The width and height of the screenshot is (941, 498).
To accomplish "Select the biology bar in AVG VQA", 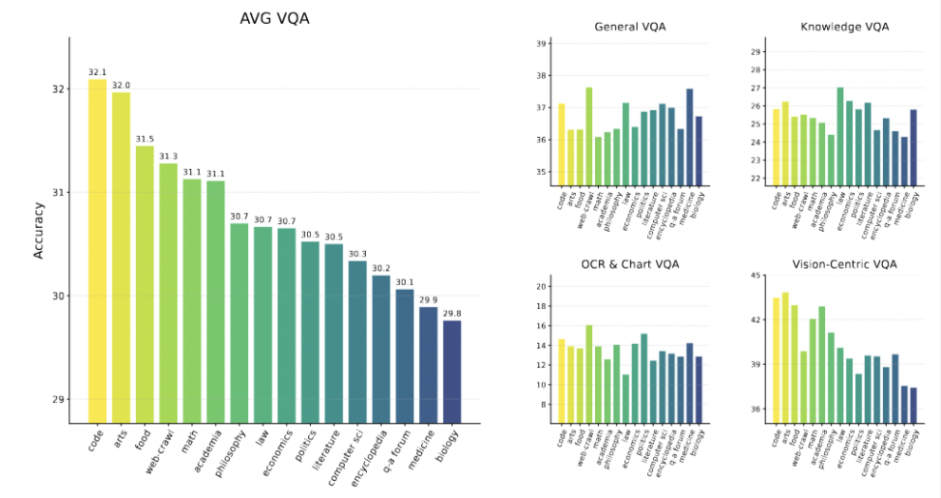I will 451,372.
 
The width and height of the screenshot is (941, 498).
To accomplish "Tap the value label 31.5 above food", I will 144,138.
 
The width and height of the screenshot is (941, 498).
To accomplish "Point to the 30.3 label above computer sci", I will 357,254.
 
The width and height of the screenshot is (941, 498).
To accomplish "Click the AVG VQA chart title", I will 274,18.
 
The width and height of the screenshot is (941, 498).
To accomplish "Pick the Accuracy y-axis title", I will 39,229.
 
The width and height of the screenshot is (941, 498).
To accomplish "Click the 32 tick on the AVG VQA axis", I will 59,89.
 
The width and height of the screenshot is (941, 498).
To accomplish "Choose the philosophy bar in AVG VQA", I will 240,323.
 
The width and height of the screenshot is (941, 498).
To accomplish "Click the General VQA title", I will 630,27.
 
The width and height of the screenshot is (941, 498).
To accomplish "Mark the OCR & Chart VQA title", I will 630,263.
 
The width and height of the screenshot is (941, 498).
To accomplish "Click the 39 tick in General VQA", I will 543,44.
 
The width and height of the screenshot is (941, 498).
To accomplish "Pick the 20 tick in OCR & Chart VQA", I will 543,286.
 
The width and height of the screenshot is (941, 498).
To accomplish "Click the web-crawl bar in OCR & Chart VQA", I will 589,374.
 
